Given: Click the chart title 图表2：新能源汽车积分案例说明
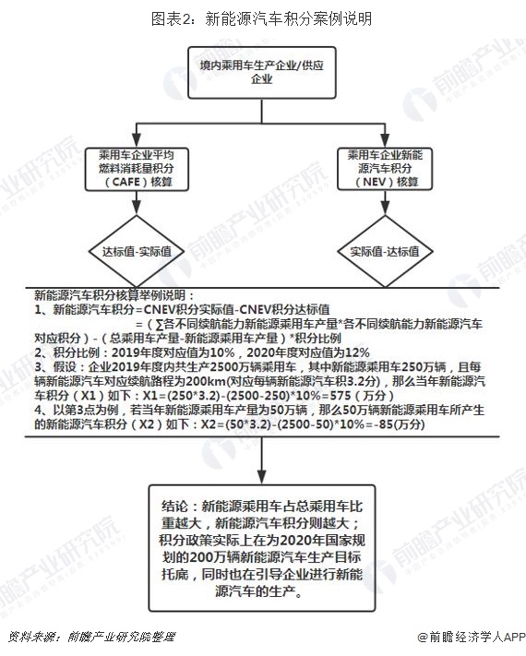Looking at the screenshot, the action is (261, 18).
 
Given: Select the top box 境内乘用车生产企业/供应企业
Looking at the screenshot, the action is (262, 72).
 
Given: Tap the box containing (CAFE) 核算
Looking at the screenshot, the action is (137, 169).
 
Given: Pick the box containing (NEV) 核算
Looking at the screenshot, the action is (385, 169).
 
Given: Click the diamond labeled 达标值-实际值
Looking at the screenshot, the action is (137, 252).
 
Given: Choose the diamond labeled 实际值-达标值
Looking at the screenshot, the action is (385, 252).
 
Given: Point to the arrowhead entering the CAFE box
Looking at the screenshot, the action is (137, 140).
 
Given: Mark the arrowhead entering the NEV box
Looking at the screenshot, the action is (385, 140).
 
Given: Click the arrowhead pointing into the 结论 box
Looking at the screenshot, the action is (262, 477).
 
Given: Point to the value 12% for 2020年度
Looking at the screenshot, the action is (358, 352).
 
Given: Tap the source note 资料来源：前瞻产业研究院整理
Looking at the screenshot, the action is (91, 638).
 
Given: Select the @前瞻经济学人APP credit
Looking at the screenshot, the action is (472, 638).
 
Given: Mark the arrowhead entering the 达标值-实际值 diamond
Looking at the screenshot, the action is (137, 209).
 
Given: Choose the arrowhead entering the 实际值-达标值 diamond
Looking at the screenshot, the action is (385, 209).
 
